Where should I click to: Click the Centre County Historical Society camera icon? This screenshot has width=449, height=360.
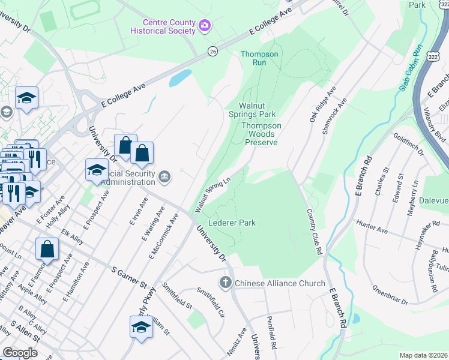[x=205, y=25]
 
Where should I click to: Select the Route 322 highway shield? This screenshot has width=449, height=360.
[x=433, y=55]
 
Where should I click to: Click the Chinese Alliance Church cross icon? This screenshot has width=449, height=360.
[x=226, y=283]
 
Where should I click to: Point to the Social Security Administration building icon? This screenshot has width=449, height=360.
[x=166, y=176]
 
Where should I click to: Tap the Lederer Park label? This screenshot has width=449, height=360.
[x=232, y=223]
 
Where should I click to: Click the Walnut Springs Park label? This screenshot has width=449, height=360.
[x=252, y=110]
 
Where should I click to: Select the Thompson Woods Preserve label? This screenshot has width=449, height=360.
[x=261, y=134]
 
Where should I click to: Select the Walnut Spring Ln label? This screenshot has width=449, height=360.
[x=213, y=194]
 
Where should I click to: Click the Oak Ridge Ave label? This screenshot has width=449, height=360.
[x=319, y=107]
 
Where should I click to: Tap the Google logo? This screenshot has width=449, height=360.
[x=20, y=353]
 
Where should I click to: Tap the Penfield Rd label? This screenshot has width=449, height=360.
[x=271, y=332]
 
